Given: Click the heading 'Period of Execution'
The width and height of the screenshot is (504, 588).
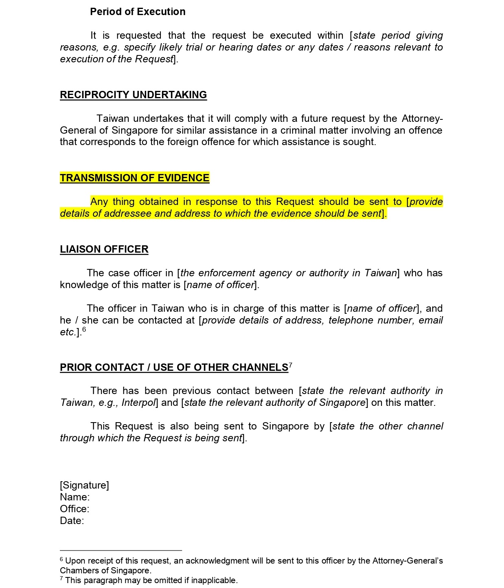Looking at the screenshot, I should [138, 12].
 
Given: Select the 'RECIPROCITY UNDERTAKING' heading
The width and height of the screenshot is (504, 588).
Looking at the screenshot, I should [133, 95].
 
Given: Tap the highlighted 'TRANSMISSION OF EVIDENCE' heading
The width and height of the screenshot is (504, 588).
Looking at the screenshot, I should [134, 178].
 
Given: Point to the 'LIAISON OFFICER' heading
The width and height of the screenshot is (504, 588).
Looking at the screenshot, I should [104, 249].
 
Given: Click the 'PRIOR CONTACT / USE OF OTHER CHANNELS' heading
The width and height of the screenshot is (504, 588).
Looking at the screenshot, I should [174, 368].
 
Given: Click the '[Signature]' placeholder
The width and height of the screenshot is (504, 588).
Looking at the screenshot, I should [84, 485].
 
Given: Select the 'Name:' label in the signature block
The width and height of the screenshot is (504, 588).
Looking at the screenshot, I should [75, 497].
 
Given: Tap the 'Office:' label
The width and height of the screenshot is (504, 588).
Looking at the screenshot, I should [75, 509].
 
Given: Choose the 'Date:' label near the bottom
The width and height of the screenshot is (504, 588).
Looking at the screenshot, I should [72, 521].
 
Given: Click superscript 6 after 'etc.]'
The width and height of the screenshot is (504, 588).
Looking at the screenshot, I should [84, 330].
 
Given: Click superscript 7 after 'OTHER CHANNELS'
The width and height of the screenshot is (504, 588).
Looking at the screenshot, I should [291, 365].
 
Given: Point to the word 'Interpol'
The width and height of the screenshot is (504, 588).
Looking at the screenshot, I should [138, 403].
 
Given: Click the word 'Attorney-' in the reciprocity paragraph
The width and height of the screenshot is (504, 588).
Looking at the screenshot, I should [422, 119].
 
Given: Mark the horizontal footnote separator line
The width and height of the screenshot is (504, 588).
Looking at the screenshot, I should [121, 551].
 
